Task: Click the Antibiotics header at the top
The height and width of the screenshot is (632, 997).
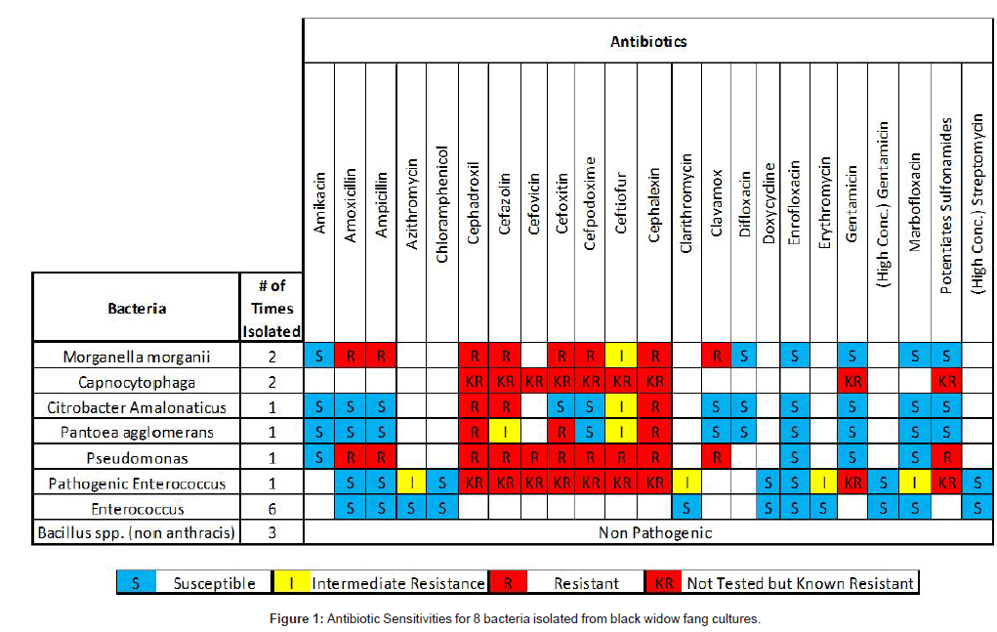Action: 647,41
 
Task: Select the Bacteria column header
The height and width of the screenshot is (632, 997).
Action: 137,308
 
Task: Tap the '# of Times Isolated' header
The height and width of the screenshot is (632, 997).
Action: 272,308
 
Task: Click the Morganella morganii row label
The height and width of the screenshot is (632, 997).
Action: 137,356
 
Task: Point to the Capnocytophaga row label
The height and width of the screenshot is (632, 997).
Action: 137,381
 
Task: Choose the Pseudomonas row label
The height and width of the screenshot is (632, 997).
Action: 137,457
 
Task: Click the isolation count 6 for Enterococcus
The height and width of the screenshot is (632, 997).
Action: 272,508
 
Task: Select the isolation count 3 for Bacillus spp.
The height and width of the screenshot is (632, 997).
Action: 272,533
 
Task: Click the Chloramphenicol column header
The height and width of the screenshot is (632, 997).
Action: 441,204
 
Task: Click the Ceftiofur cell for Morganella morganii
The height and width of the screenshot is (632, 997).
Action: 623,356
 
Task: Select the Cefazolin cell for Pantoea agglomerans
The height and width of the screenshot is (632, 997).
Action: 504,432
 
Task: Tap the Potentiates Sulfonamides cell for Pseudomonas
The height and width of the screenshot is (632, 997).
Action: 945,457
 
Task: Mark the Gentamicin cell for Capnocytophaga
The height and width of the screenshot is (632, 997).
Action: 852,381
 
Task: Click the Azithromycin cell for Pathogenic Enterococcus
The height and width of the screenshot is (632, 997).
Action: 412,483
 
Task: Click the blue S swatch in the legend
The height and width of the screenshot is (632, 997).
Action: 135,583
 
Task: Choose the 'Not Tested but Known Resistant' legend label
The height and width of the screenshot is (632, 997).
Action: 801,583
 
